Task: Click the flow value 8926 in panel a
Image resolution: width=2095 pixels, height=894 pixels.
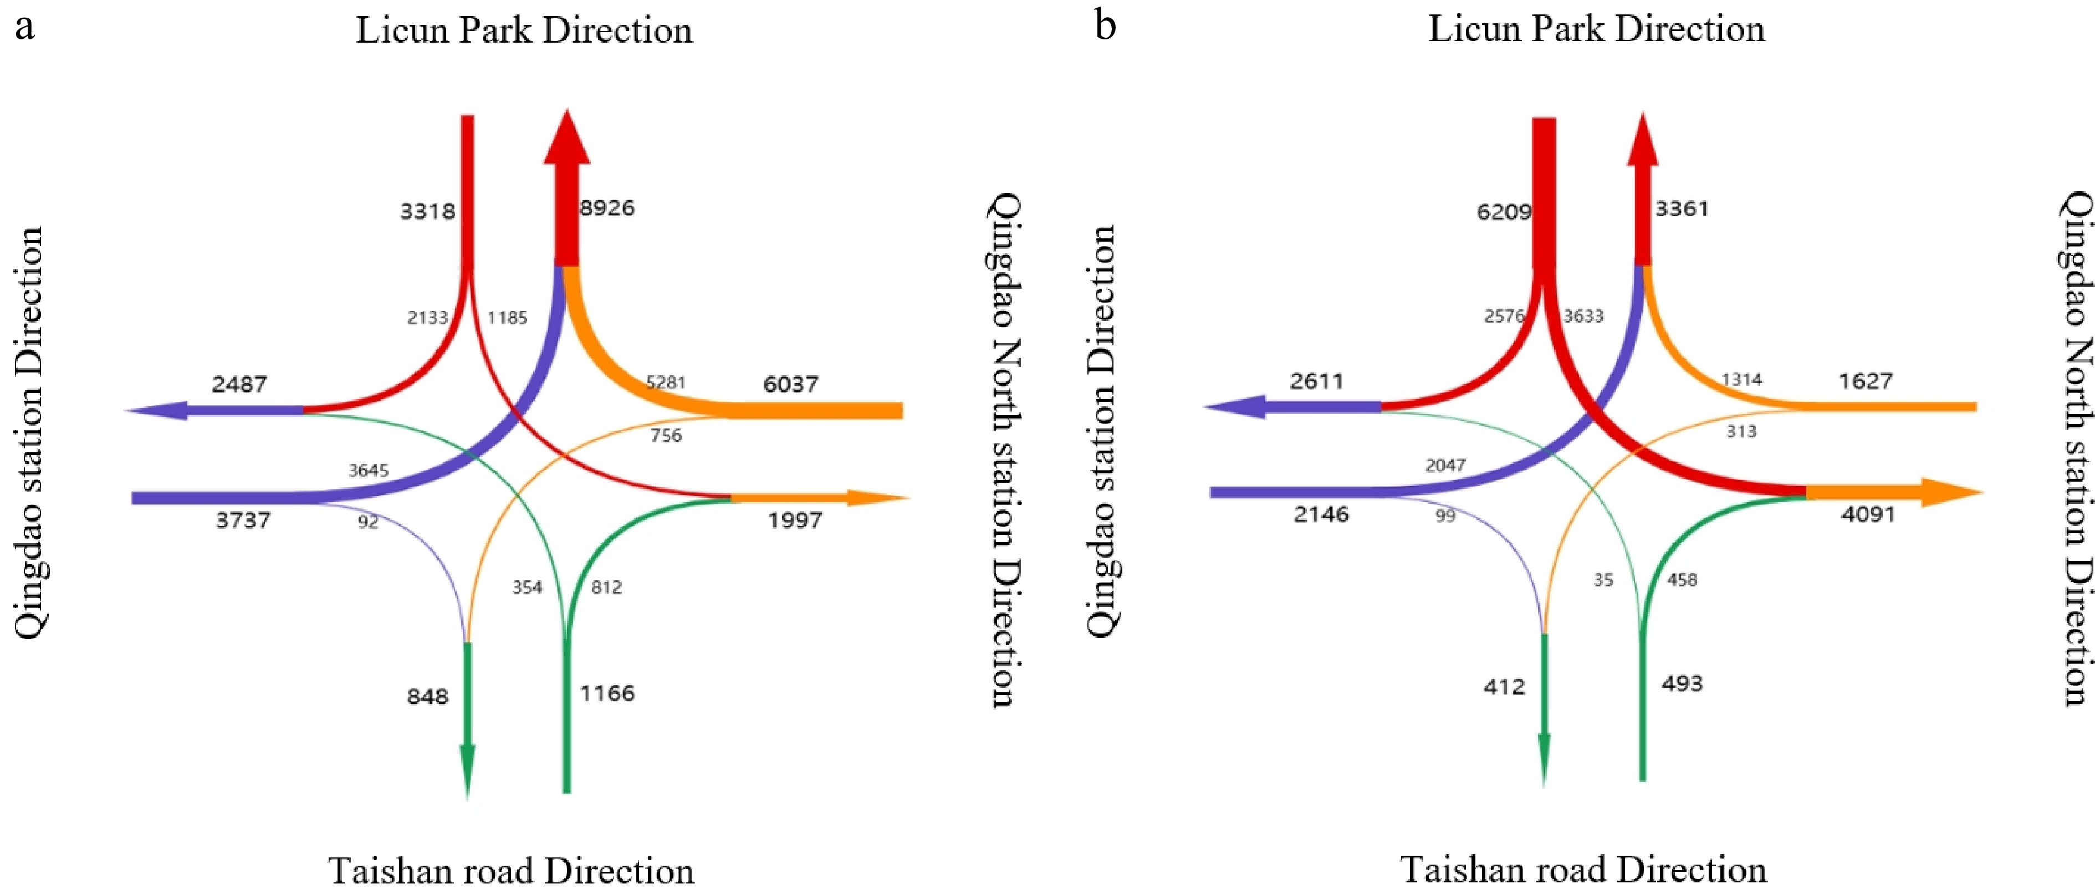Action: coord(607,208)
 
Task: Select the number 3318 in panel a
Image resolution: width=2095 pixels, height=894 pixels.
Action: coord(427,212)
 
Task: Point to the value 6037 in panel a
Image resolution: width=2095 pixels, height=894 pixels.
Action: coord(790,384)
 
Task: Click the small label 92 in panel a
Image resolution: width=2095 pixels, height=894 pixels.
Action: coord(367,522)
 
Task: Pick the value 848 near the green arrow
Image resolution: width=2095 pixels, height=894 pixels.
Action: coord(427,696)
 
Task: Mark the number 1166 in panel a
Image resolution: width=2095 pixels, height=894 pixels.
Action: coord(607,693)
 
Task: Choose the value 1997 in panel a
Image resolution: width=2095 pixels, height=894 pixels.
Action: coord(795,520)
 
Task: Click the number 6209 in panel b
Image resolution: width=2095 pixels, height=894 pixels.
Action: coord(1504,212)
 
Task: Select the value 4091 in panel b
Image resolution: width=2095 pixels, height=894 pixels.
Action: coord(1868,514)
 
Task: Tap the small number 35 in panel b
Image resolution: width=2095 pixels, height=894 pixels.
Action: coord(1602,580)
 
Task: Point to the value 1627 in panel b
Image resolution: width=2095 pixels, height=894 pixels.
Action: coord(1866,381)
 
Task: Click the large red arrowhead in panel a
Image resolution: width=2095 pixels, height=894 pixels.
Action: coord(567,139)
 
